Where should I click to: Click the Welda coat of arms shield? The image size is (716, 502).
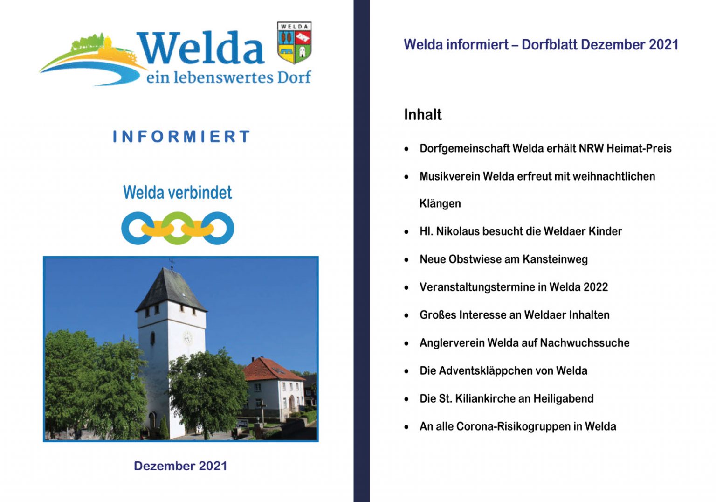(x=294, y=43)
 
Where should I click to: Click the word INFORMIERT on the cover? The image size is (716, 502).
(x=181, y=137)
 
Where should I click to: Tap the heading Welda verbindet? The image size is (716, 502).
(x=177, y=192)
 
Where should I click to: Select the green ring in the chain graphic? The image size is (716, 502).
(x=178, y=228)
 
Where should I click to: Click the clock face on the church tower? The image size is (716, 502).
(x=187, y=337)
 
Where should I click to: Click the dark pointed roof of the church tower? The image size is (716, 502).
(x=170, y=289)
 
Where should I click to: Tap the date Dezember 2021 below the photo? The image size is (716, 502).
(x=180, y=466)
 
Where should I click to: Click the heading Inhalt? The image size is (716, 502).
(x=423, y=115)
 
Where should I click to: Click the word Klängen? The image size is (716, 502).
(x=440, y=203)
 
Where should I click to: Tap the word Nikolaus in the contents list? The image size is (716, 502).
(x=457, y=231)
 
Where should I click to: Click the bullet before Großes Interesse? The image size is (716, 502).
(x=406, y=315)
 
